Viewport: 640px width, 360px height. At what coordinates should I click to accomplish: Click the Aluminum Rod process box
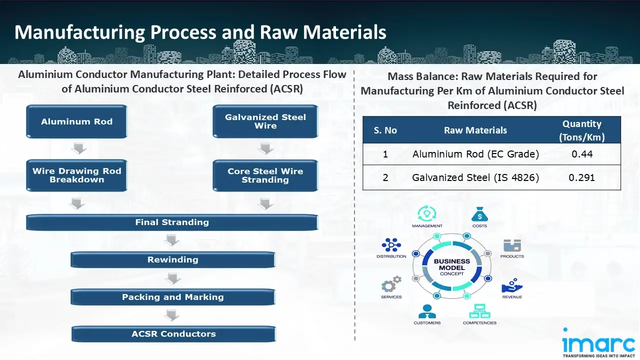[x=76, y=121]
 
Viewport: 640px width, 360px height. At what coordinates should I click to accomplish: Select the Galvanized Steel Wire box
[x=265, y=121]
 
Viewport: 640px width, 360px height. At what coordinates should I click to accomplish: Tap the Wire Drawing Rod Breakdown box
[x=76, y=175]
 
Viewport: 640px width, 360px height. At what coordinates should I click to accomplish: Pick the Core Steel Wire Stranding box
[x=265, y=175]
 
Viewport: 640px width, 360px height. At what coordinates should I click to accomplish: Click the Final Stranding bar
[x=172, y=222]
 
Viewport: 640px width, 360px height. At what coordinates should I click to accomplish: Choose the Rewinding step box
[x=172, y=260]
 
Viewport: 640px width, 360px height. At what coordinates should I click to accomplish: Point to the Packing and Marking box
[x=172, y=297]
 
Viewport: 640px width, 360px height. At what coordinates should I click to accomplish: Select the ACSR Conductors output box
[x=173, y=334]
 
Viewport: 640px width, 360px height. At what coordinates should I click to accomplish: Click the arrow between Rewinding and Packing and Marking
[x=172, y=278]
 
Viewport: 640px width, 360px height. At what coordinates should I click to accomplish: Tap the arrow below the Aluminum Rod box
[x=79, y=148]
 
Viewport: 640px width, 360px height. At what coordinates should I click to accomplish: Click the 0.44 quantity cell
[x=582, y=154]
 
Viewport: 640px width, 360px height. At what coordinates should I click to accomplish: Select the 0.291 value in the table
[x=582, y=177]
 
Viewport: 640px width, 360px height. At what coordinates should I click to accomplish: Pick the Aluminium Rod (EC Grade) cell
[x=475, y=154]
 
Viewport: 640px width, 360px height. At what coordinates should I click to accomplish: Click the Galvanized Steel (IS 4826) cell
[x=475, y=177]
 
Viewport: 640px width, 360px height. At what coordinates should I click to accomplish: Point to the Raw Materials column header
[x=475, y=130]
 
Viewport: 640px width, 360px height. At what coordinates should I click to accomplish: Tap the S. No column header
[x=385, y=130]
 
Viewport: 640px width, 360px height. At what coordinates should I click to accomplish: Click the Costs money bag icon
[x=479, y=215]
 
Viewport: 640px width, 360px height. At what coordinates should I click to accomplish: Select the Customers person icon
[x=426, y=311]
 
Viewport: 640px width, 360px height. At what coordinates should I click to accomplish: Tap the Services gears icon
[x=391, y=284]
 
